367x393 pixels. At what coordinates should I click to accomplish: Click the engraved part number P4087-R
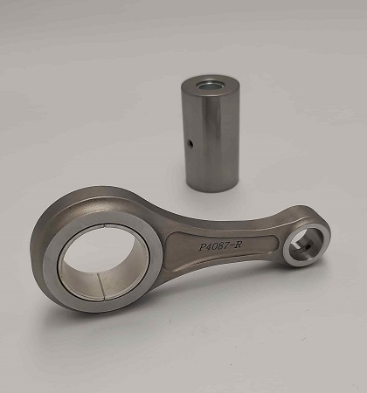(x=220, y=246)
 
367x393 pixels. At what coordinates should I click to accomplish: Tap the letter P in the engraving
(x=203, y=247)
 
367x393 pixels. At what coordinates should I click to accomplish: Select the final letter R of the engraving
(x=238, y=245)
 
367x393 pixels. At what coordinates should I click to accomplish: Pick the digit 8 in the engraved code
(x=220, y=246)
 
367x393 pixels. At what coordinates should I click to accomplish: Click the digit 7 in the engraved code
(x=225, y=246)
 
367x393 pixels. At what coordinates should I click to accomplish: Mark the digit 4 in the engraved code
(x=209, y=247)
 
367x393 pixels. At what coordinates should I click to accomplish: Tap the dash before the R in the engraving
(x=231, y=246)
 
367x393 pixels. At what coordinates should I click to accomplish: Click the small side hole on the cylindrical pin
(x=190, y=143)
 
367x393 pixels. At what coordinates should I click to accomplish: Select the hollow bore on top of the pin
(x=210, y=86)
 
